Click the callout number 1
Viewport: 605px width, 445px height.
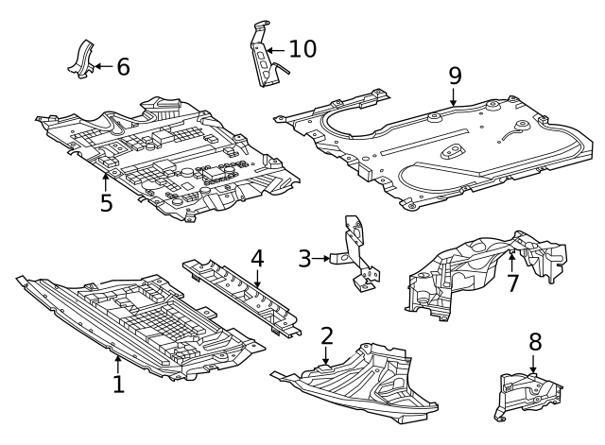tap(118, 384)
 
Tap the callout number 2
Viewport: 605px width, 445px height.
tap(327, 335)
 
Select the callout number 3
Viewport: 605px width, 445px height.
tap(304, 257)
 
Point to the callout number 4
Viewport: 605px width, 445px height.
tap(257, 258)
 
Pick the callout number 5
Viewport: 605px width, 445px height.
tap(106, 202)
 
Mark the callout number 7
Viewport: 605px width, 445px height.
tap(512, 282)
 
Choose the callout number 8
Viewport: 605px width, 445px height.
tap(534, 341)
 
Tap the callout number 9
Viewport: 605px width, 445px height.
tap(455, 74)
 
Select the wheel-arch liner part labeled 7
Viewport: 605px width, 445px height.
tap(482, 269)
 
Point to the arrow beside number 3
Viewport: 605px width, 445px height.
tap(324, 257)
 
